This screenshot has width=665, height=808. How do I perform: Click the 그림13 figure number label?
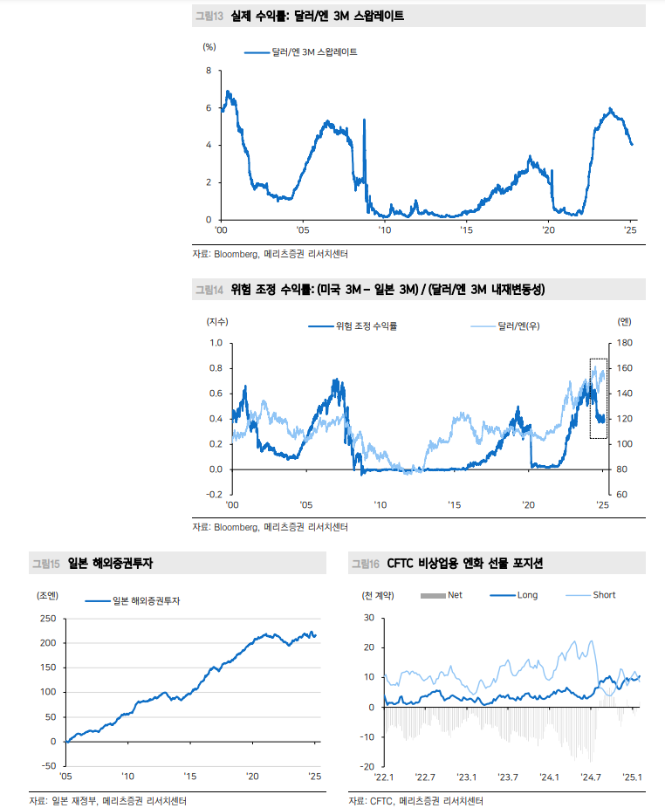point(209,17)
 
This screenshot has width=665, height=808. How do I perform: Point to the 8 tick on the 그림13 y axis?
point(208,71)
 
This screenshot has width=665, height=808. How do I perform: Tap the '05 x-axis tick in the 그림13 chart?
point(302,229)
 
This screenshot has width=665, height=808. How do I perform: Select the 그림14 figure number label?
point(209,290)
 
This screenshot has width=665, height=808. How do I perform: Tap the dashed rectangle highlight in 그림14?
point(598,398)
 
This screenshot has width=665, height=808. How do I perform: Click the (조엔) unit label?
point(47,596)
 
